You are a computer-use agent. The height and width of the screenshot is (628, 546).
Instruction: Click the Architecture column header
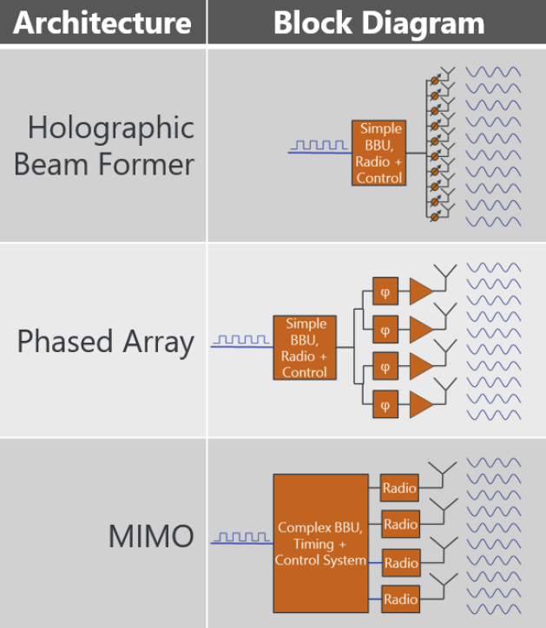click(102, 23)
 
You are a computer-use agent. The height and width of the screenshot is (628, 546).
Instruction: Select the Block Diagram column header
click(378, 23)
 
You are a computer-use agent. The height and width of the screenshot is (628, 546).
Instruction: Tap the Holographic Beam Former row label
click(104, 145)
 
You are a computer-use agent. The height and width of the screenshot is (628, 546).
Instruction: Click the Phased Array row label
click(105, 341)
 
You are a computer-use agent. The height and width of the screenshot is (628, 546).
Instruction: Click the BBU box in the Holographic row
click(379, 153)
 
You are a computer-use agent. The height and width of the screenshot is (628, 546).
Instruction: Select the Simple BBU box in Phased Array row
click(305, 348)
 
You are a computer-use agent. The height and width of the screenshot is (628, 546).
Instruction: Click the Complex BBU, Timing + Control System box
click(320, 543)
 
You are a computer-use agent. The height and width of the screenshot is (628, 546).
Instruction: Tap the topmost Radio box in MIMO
click(400, 487)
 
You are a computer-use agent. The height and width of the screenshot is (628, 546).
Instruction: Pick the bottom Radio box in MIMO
click(400, 599)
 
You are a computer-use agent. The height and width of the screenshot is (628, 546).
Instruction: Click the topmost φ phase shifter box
click(385, 292)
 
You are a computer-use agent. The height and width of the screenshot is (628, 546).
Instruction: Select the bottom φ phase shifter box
click(385, 404)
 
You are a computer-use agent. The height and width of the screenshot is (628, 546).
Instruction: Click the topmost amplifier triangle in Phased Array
click(420, 292)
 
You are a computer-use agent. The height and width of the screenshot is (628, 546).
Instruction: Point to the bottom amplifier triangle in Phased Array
click(420, 404)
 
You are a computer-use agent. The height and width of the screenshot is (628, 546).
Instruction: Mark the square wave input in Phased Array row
click(242, 341)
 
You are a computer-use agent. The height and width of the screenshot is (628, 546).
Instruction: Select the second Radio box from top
click(400, 525)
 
